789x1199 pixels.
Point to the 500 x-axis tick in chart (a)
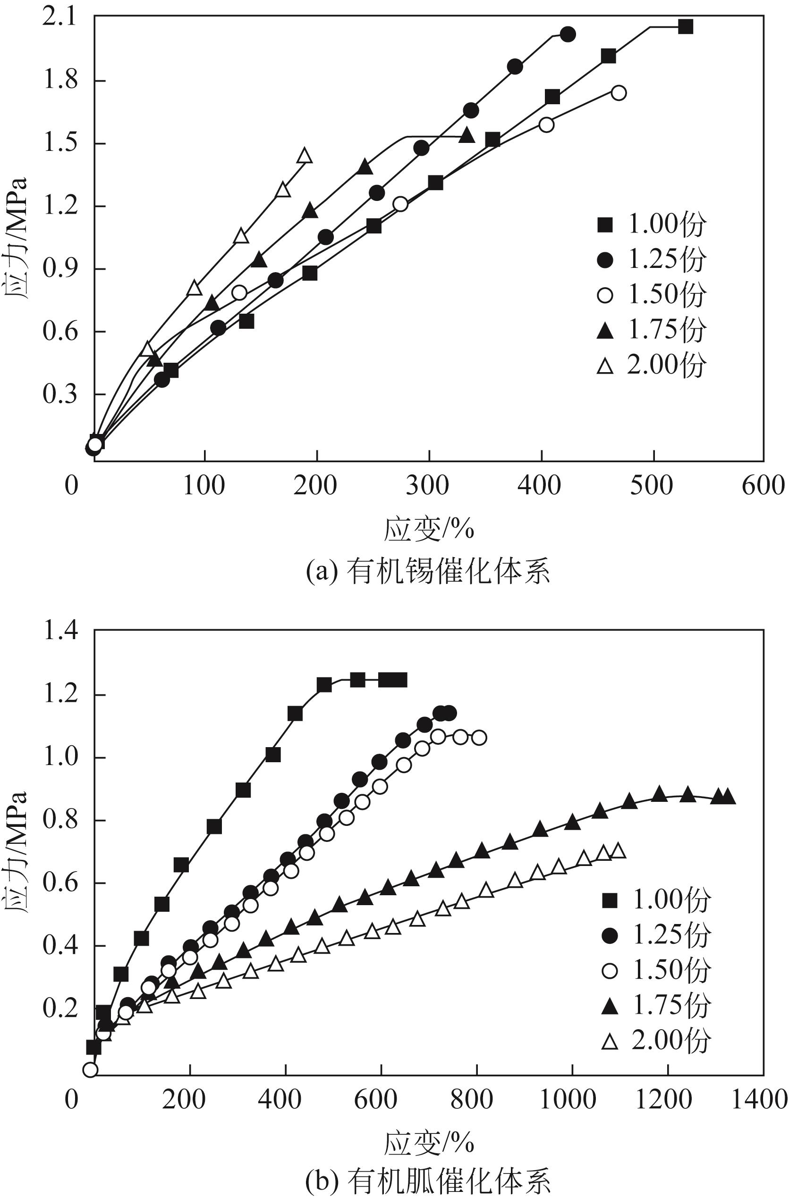[652, 486]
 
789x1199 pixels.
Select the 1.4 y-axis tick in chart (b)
[60, 630]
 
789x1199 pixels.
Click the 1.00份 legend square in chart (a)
[604, 225]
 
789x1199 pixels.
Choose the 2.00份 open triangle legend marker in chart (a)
[604, 366]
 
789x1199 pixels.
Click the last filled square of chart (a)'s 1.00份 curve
[685, 27]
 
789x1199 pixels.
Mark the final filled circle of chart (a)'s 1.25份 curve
[568, 34]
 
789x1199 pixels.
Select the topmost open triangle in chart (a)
[305, 156]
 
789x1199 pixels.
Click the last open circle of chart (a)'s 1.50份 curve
[619, 93]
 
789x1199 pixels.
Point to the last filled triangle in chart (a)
[467, 135]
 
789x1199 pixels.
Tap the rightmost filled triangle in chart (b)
[728, 797]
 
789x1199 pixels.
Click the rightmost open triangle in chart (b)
[618, 851]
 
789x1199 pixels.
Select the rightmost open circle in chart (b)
[479, 738]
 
